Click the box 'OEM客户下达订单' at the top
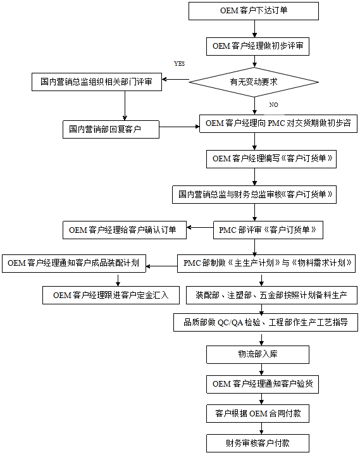point(254,11)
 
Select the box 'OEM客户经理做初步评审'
point(258,46)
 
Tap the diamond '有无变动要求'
point(254,82)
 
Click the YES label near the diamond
point(179,64)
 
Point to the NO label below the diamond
point(273,105)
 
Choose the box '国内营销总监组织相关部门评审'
point(97,82)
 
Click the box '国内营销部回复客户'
point(111,130)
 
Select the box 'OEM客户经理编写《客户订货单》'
point(271,159)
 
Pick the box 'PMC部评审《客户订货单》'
point(268,230)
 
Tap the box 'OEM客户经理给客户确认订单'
point(125,230)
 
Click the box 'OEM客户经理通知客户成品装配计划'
point(73,263)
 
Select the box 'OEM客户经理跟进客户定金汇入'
point(111,296)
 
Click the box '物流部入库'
point(258,354)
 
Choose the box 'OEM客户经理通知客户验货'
point(263,385)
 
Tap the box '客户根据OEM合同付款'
point(258,413)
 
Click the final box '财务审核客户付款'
point(258,443)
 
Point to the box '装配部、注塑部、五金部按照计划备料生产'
point(271,296)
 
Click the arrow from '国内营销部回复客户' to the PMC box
point(180,127)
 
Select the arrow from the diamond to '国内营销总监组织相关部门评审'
point(175,80)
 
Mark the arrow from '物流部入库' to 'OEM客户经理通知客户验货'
point(262,370)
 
